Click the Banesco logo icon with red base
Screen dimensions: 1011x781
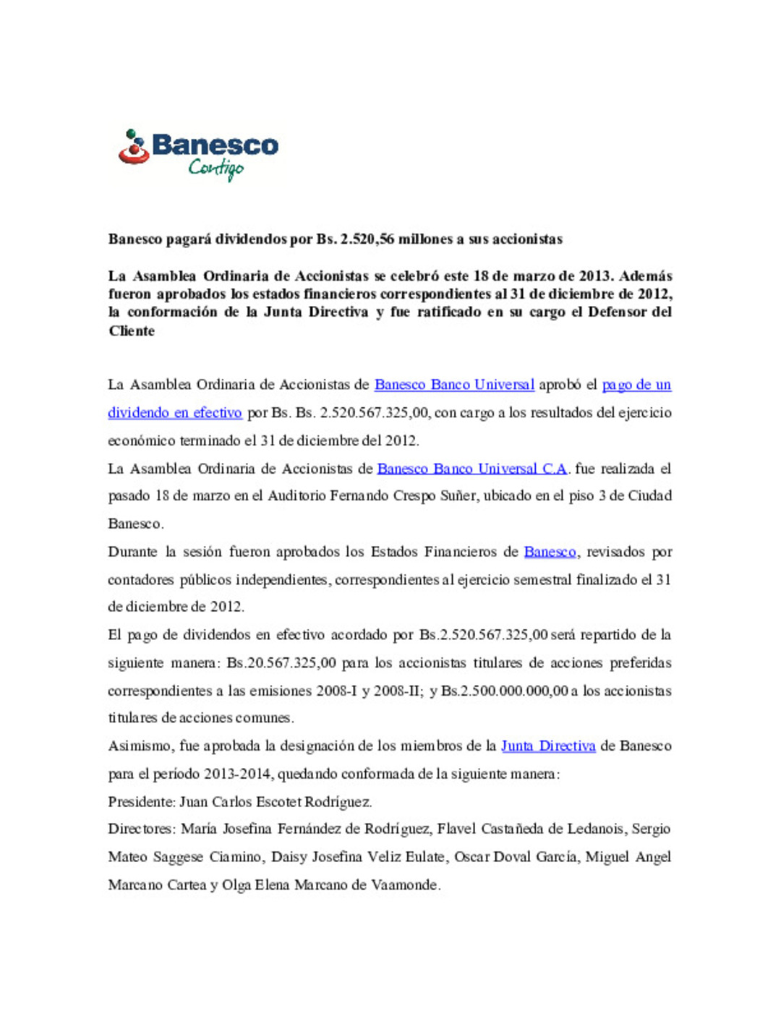point(134,147)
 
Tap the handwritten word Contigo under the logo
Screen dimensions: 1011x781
point(215,168)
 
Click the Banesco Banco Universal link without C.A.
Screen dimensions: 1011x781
point(454,385)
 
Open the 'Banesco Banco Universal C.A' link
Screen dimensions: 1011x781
point(471,469)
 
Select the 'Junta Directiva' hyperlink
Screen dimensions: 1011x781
point(548,746)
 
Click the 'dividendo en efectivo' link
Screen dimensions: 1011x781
point(175,413)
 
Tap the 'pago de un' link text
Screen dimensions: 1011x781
point(636,385)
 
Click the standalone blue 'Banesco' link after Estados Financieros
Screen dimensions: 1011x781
point(550,552)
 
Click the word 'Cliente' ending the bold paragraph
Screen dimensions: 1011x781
point(132,331)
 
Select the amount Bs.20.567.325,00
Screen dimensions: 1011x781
point(281,663)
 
